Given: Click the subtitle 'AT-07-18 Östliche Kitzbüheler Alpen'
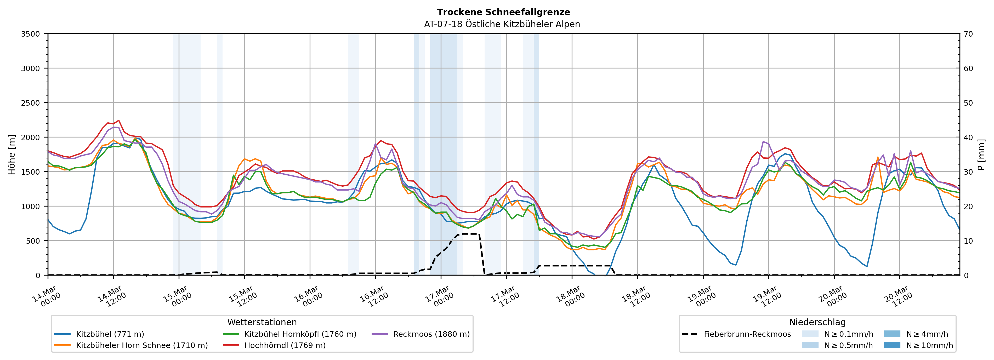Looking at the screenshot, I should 502,24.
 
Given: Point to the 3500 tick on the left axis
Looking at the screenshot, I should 31,34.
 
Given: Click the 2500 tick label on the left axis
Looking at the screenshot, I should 31,103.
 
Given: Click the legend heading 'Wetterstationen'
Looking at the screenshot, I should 262,322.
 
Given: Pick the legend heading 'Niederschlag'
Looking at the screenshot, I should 817,322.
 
